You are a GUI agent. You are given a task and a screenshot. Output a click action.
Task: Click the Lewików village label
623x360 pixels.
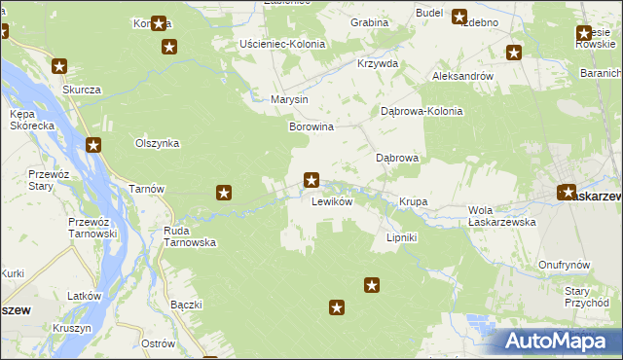331,202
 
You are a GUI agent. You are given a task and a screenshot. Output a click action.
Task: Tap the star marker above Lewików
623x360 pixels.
311,179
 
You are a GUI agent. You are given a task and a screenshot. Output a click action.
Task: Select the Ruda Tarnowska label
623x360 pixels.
189,237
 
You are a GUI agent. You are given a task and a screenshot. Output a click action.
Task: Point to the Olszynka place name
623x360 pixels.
158,143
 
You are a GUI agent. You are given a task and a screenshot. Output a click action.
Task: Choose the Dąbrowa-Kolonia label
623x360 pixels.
421,111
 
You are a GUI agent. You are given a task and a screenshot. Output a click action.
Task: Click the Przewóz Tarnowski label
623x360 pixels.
92,228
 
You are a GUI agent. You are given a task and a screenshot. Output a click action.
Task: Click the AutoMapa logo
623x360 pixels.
557,341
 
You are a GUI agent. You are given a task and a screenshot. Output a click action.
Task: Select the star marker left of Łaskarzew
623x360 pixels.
568,193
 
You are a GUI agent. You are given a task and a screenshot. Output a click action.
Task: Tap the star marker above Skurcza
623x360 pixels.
59,67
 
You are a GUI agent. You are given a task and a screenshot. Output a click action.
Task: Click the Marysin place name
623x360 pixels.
290,100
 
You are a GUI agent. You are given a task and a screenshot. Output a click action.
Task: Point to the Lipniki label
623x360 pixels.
402,237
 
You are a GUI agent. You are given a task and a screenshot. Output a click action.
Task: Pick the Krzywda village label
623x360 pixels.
378,63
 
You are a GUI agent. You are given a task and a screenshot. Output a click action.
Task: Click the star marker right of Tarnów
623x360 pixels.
224,193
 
